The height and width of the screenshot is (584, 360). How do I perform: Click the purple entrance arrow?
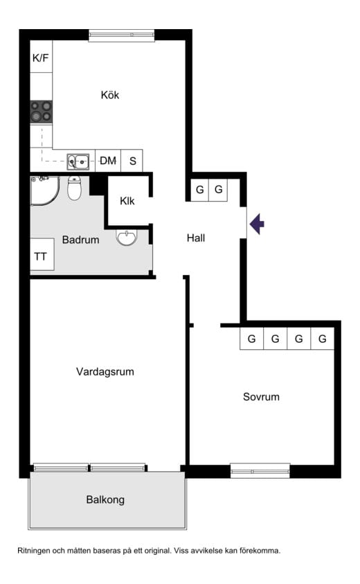click(257, 224)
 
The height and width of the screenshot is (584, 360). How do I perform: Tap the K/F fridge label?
click(41, 57)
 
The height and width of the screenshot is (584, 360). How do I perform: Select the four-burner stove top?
click(41, 112)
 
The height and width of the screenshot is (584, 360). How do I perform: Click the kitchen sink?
click(78, 161)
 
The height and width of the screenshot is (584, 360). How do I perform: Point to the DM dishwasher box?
click(108, 161)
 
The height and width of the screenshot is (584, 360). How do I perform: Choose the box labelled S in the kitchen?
click(132, 161)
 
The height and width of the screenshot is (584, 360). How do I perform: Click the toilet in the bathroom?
click(74, 188)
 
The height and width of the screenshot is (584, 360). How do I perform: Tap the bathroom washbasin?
click(127, 237)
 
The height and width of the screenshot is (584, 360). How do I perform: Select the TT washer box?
click(42, 254)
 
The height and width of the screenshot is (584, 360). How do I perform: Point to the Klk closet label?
click(127, 201)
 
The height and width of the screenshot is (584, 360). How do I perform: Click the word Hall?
click(196, 238)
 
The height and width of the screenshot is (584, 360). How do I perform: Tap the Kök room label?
click(110, 95)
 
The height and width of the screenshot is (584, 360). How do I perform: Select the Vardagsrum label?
click(105, 372)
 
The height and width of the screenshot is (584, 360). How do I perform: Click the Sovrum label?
click(261, 397)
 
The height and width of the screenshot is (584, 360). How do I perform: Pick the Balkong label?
click(105, 499)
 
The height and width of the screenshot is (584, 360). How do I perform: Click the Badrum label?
click(80, 240)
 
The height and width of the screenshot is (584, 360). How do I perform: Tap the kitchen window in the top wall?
click(121, 35)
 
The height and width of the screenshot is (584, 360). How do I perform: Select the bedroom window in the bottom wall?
click(260, 471)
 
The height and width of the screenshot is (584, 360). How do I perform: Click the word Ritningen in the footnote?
click(33, 551)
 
